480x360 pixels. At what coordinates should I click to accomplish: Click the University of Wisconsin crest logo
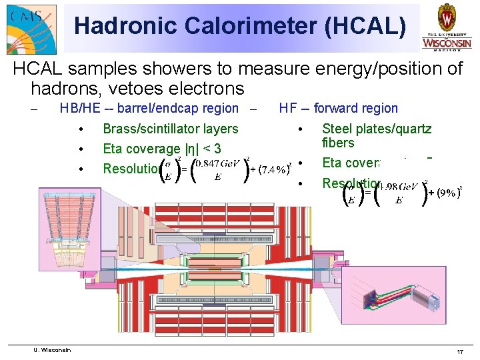446,27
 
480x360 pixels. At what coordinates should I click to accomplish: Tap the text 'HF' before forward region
288,108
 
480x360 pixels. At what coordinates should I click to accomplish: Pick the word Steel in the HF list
337,129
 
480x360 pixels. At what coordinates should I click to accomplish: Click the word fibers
338,143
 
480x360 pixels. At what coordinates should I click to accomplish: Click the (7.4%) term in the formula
273,169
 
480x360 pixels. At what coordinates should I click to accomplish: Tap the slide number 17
459,351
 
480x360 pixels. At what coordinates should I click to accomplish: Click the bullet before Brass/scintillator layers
80,129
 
